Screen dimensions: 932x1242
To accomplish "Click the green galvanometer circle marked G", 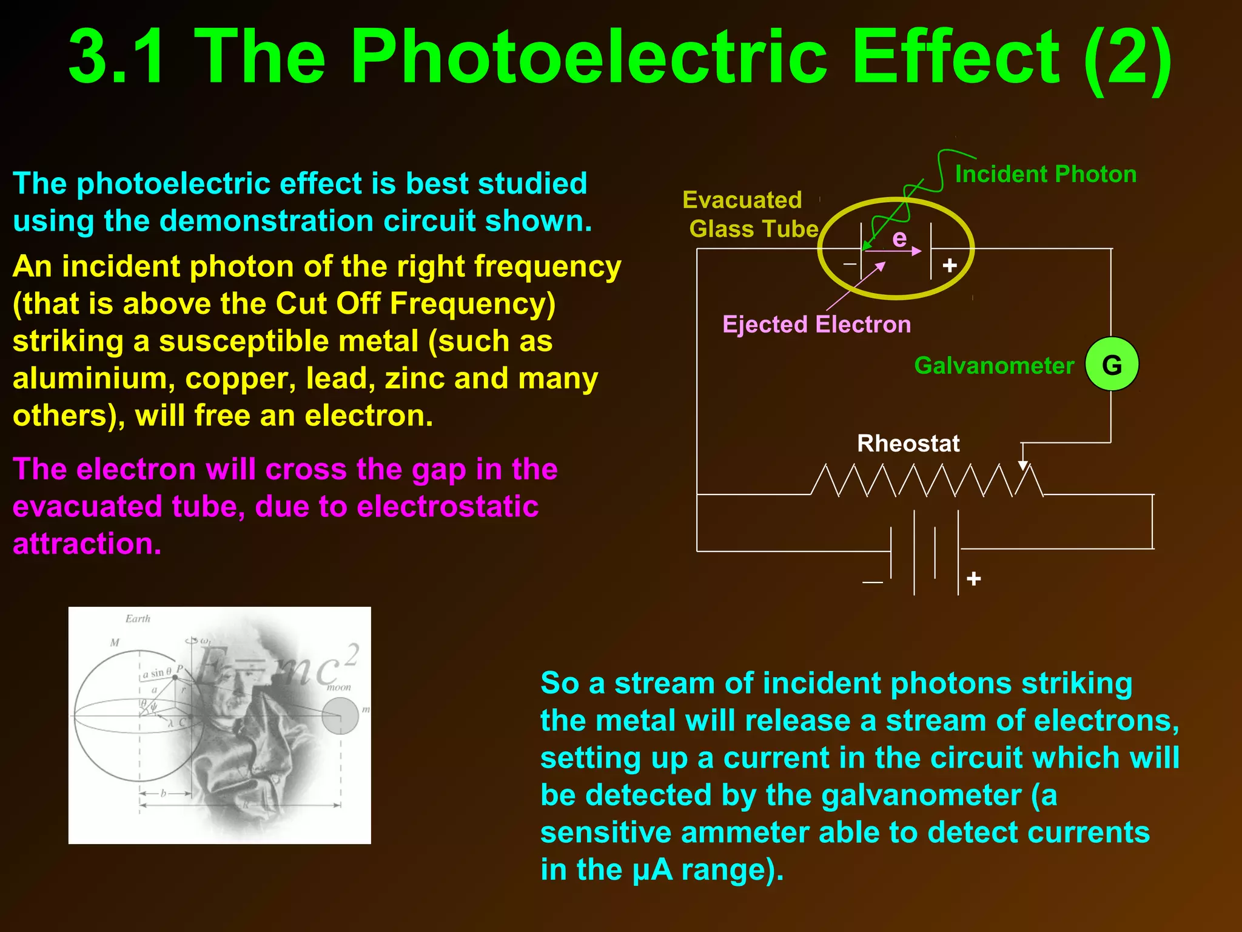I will click(x=1112, y=364).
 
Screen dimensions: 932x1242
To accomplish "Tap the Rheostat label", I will click(x=908, y=444).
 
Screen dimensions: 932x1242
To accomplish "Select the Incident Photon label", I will click(x=1046, y=174).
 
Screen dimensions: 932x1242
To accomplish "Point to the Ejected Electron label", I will click(x=816, y=324).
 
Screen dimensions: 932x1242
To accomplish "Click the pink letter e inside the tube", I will click(x=899, y=238).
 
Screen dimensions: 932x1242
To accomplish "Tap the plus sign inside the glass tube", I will click(x=950, y=265).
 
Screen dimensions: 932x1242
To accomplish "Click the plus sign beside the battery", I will click(x=974, y=578).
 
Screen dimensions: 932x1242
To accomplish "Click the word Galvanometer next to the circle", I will click(x=994, y=365).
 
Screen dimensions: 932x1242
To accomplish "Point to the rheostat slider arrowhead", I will click(x=1023, y=465).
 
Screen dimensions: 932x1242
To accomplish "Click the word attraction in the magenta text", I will click(x=87, y=544).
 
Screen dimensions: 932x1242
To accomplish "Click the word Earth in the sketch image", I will click(x=138, y=619).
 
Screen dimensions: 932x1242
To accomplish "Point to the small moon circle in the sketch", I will click(x=340, y=715).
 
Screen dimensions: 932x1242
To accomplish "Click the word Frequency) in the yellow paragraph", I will click(x=472, y=303).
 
